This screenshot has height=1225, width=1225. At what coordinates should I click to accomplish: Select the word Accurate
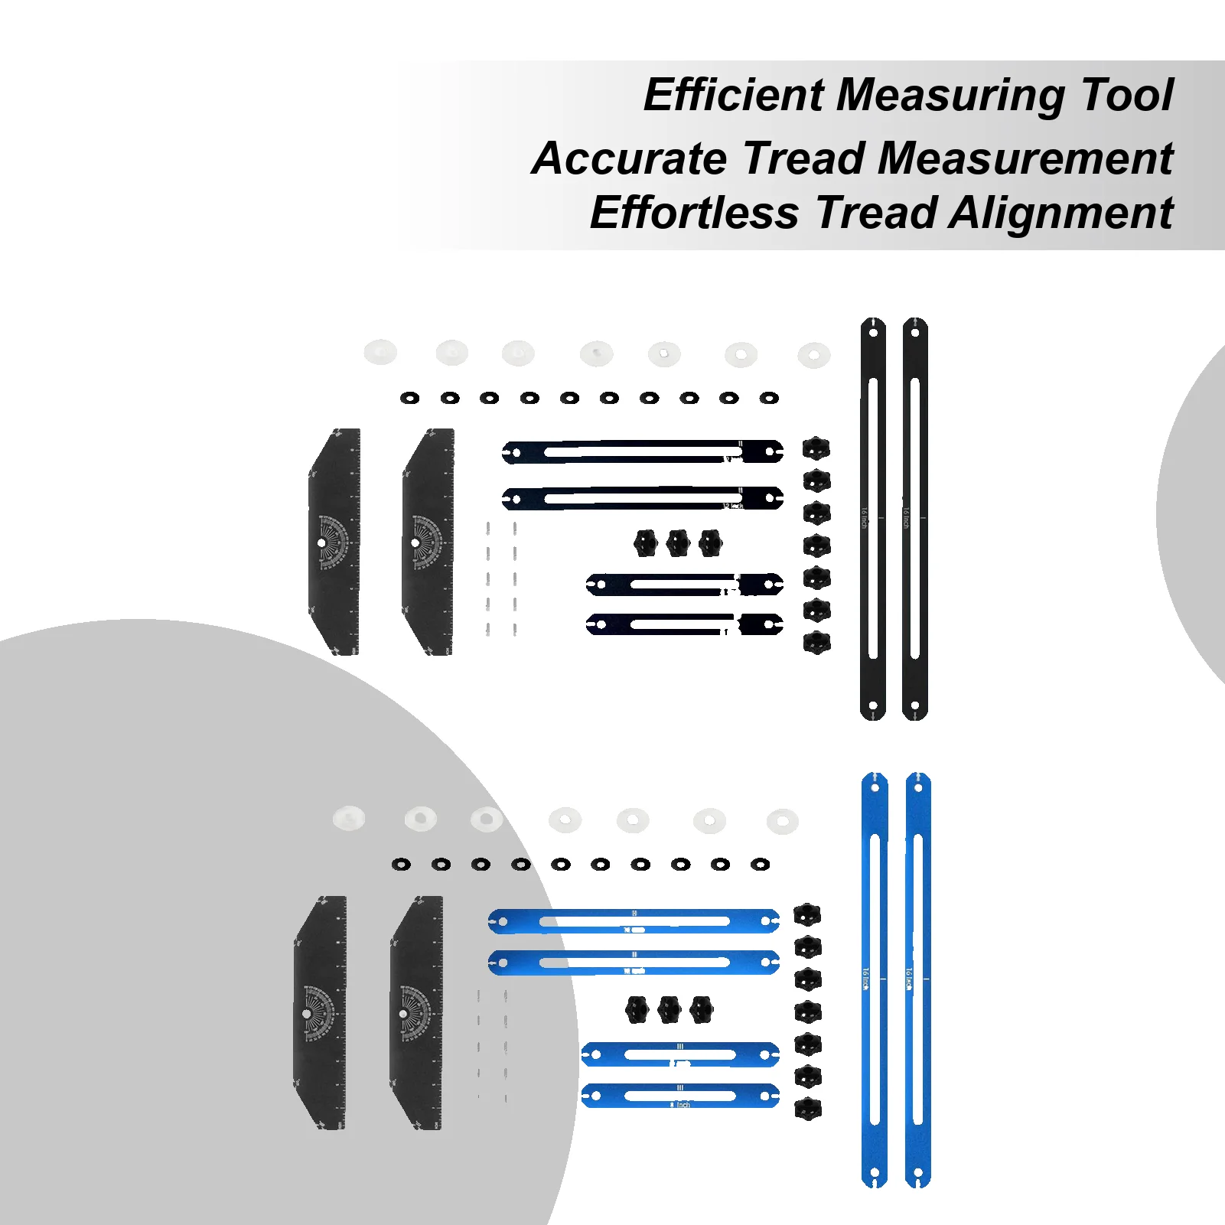629,158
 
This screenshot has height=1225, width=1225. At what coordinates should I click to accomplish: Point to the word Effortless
694,213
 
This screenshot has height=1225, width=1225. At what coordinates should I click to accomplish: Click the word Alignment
1060,213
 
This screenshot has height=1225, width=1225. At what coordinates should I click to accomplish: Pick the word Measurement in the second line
1025,158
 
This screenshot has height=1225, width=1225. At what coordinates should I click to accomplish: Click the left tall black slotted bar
873,519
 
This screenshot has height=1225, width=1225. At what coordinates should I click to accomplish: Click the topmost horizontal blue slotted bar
634,921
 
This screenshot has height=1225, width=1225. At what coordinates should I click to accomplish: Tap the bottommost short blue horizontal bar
680,1096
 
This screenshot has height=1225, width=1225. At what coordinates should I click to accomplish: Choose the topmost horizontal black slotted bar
642,452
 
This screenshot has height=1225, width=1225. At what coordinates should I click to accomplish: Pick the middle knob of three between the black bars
678,543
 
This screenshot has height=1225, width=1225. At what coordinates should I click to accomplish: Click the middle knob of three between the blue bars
670,1010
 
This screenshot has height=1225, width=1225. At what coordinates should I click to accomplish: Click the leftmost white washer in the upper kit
380,352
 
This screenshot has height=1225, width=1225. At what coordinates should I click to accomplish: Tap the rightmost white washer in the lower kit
782,821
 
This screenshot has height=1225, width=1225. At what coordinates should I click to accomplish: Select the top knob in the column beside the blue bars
807,914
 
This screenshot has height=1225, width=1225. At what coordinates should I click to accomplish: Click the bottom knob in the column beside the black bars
816,643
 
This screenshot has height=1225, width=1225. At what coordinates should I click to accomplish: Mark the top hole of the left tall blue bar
875,788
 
